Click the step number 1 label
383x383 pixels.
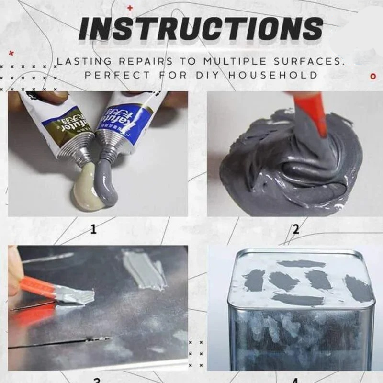point(93,229)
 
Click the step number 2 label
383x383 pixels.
point(295,229)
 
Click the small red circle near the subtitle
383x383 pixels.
point(373,76)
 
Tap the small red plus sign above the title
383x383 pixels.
point(129,8)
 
